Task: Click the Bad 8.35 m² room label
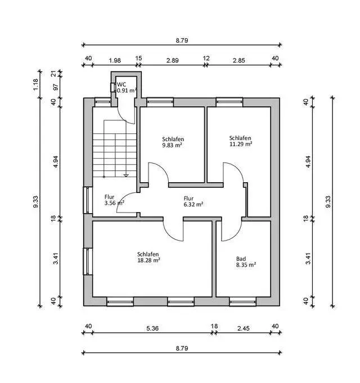pyautogui.click(x=246, y=262)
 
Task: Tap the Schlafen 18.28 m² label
pyautogui.click(x=148, y=257)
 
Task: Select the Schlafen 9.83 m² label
pyautogui.click(x=173, y=142)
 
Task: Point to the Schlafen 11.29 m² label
pyautogui.click(x=240, y=141)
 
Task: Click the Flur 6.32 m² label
pyautogui.click(x=193, y=201)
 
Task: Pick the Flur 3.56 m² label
pyautogui.click(x=114, y=200)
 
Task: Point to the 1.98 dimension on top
pyautogui.click(x=114, y=60)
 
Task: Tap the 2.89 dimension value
pyautogui.click(x=172, y=60)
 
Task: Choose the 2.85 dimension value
pyautogui.click(x=239, y=60)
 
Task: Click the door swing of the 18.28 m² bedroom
pyautogui.click(x=173, y=229)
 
